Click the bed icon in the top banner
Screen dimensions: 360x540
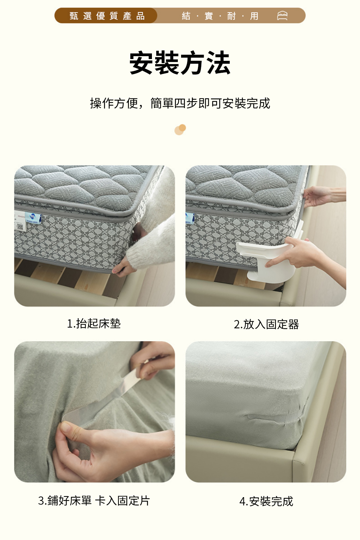(x=282, y=16)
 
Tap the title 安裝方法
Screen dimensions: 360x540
(x=180, y=63)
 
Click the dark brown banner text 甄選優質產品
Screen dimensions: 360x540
(x=107, y=16)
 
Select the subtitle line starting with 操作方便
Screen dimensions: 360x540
(x=180, y=103)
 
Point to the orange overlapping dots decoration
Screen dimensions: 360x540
(x=180, y=130)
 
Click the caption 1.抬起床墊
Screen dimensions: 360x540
(x=94, y=324)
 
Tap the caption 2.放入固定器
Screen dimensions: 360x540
(x=266, y=324)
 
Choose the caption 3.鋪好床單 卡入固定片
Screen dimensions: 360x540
(x=94, y=501)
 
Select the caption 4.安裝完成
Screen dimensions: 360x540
(x=266, y=501)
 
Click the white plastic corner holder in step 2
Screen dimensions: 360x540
(x=267, y=260)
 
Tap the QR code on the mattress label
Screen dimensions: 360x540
(x=20, y=226)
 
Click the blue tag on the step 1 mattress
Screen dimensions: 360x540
(x=33, y=218)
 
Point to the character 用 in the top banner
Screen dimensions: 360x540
(x=254, y=16)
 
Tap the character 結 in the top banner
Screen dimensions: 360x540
(x=186, y=16)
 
